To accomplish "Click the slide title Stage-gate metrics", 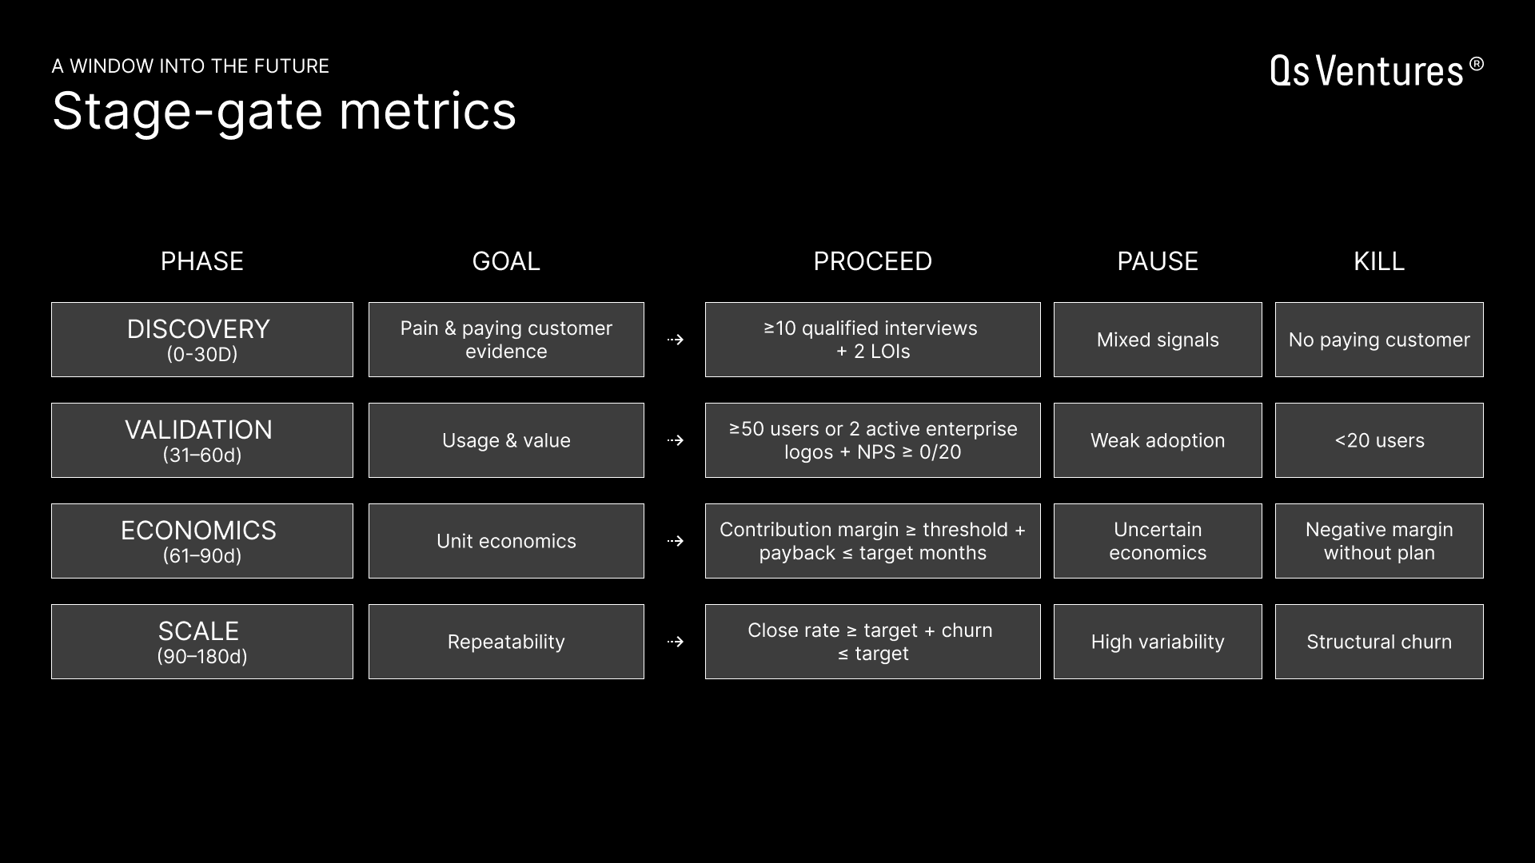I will tap(284, 110).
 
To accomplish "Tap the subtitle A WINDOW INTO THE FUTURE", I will tap(190, 66).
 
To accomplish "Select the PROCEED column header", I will tap(872, 261).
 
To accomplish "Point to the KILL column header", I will tap(1378, 261).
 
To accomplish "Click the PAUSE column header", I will tap(1157, 261).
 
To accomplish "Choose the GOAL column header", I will tap(505, 261).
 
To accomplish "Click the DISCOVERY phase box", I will tap(201, 340).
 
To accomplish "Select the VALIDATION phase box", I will tap(201, 440).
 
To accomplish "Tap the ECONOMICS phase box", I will tap(201, 541).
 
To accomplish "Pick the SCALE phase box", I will tap(201, 642).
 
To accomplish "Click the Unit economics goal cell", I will tap(506, 541).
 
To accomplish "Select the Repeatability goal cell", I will tap(506, 642).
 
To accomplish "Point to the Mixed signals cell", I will tap(1157, 340).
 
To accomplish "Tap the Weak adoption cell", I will tap(1157, 440).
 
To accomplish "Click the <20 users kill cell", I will tap(1378, 440).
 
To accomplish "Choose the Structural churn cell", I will tap(1378, 642).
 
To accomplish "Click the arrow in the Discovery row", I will tap(676, 340).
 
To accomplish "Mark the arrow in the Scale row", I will tap(676, 642).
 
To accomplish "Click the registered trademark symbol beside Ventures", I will tap(1476, 64).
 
